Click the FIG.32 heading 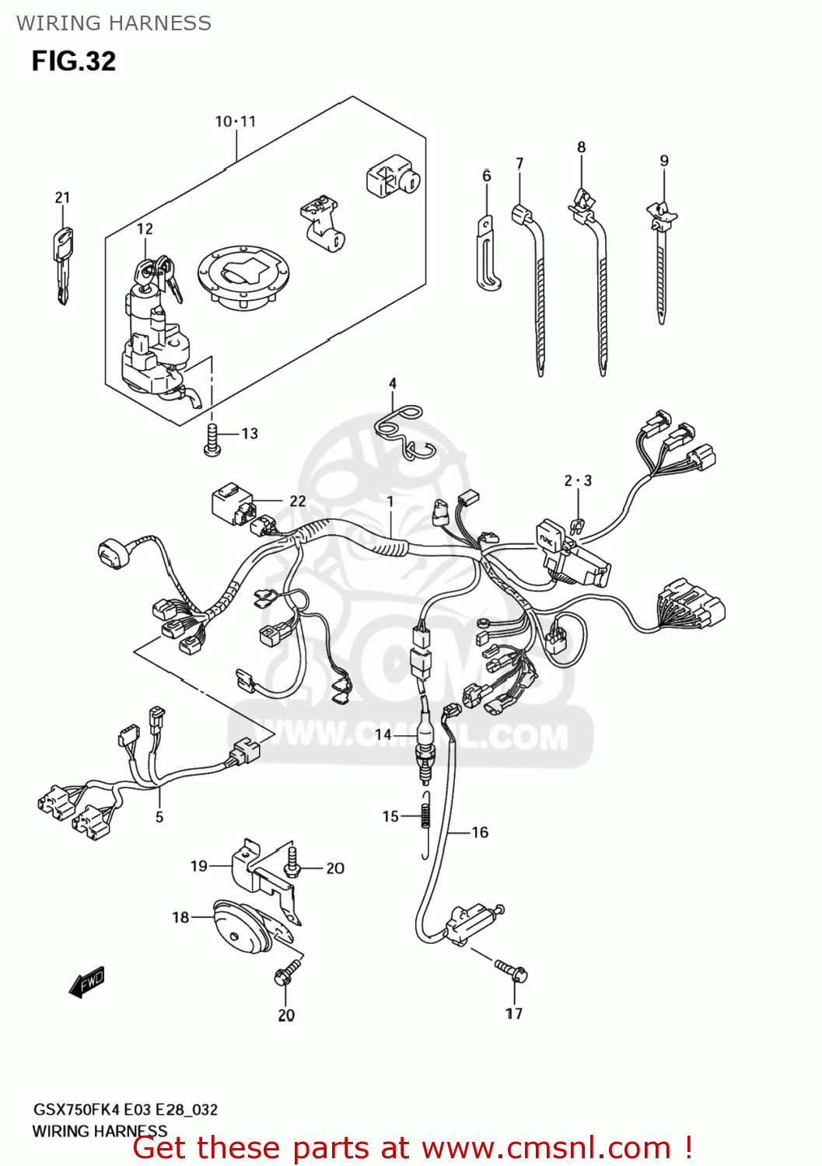73,61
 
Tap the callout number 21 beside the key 62,197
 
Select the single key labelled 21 62,264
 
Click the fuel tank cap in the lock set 244,277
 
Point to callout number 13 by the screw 250,434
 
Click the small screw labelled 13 212,439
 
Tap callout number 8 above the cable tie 581,147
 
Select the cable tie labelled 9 660,264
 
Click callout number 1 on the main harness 390,501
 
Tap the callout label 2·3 578,480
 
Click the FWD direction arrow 86,983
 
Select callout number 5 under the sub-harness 159,817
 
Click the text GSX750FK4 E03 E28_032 124,1109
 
